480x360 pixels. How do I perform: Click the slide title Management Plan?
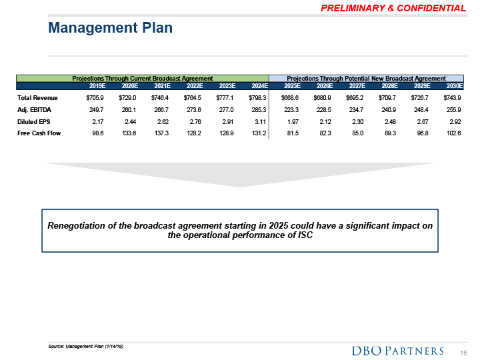point(111,28)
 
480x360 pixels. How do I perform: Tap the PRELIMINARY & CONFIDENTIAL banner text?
point(393,8)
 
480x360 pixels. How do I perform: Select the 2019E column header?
point(97,86)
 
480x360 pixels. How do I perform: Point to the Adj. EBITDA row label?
point(35,110)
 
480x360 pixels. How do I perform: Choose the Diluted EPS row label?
point(35,122)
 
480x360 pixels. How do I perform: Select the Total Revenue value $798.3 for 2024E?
point(256,98)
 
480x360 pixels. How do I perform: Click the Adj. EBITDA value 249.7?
point(97,110)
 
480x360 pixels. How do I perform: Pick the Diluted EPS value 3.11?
point(259,122)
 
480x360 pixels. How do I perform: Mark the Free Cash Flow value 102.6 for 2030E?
point(453,134)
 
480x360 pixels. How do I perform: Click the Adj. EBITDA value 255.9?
point(453,110)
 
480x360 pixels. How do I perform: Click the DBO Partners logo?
point(397,351)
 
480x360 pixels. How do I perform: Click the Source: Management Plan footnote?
point(87,346)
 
